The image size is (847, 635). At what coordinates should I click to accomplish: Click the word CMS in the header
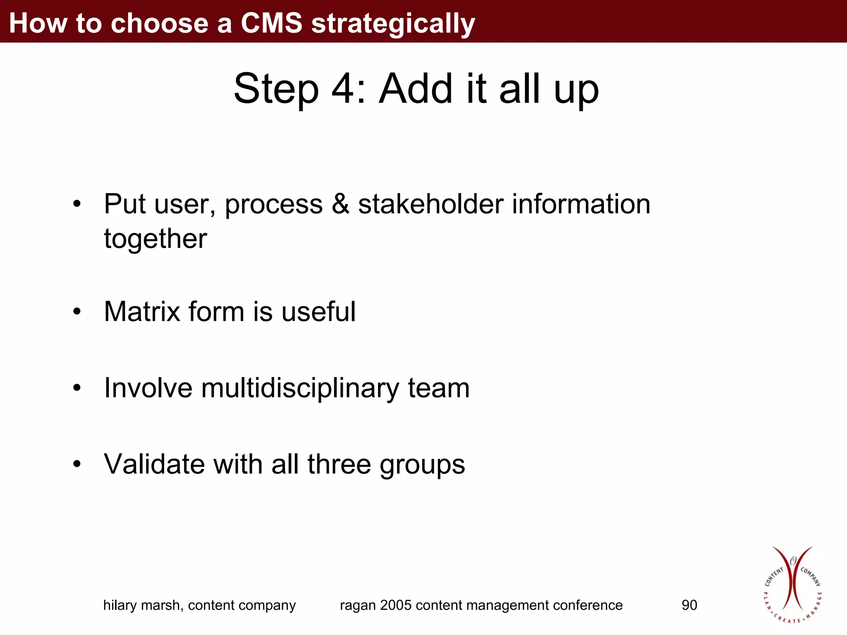271,23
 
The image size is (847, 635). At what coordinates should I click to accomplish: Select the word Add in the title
415,88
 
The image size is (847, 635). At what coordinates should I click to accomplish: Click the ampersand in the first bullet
340,204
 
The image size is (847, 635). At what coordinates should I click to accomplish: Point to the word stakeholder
431,204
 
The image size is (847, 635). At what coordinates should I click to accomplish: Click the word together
155,239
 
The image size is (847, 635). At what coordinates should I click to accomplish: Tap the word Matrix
142,311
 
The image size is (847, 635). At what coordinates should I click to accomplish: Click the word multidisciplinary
300,389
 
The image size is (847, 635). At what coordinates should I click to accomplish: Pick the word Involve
148,388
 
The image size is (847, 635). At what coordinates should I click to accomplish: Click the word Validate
154,464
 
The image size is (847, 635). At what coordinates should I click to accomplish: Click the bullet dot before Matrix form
77,312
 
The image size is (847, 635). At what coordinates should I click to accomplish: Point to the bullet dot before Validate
77,465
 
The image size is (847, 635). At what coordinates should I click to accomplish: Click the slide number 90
689,605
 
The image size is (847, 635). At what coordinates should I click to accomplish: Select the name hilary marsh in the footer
143,605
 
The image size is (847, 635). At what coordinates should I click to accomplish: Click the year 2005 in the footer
396,605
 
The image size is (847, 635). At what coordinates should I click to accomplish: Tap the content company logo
792,585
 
